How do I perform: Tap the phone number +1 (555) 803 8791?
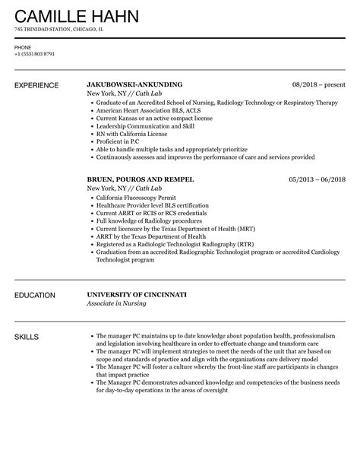34,53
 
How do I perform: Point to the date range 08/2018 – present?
318,84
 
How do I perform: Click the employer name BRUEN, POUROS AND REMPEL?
141,179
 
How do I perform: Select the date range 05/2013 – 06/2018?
316,179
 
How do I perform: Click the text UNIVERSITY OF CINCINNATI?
137,294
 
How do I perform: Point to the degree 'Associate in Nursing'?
118,303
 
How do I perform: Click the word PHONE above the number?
22,45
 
